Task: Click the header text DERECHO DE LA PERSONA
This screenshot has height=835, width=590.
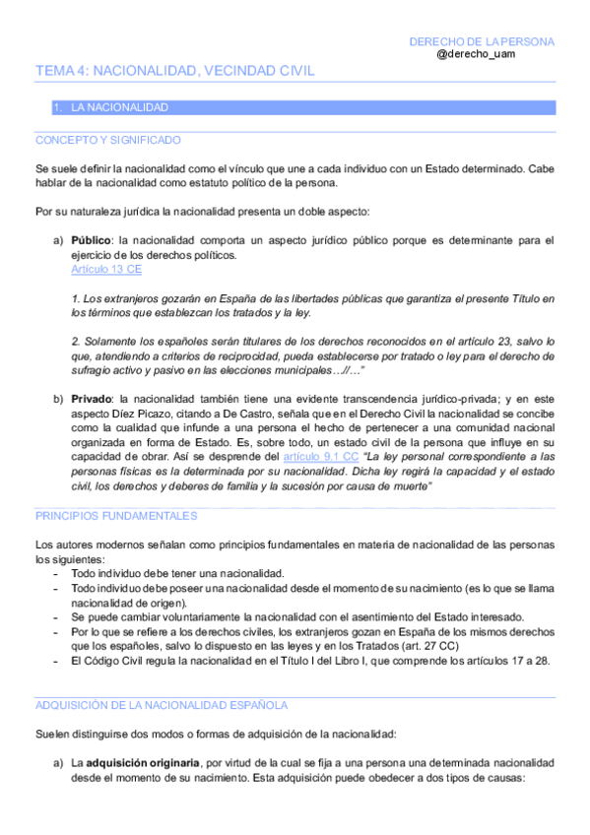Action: pyautogui.click(x=482, y=41)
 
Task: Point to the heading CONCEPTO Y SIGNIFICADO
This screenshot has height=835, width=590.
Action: pyautogui.click(x=107, y=140)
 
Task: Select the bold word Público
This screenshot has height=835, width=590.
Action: pyautogui.click(x=91, y=240)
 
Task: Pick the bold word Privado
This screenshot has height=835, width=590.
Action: pyautogui.click(x=92, y=399)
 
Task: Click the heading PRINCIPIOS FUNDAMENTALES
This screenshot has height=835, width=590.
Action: pyautogui.click(x=116, y=515)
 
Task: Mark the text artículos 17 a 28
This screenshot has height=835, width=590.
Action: pyautogui.click(x=498, y=660)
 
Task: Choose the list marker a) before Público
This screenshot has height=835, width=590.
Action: pyautogui.click(x=58, y=240)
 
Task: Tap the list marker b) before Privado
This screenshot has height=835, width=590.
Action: pyautogui.click(x=58, y=399)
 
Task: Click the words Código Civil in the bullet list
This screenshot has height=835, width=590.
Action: pyautogui.click(x=116, y=660)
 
